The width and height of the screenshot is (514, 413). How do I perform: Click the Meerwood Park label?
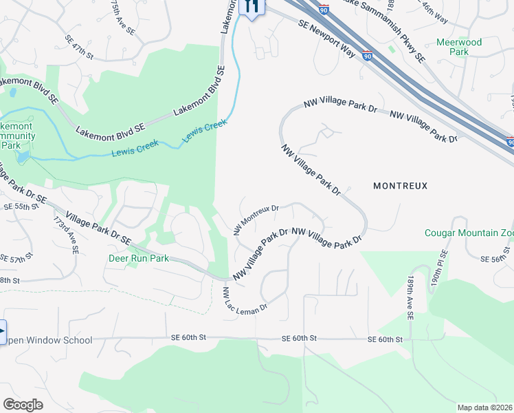459,47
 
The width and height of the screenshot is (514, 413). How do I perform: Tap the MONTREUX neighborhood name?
400,186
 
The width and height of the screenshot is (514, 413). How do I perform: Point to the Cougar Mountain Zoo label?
469,233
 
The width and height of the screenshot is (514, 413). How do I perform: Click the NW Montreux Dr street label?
256,218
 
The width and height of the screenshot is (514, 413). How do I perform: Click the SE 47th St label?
79,46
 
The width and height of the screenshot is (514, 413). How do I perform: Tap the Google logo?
23,405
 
